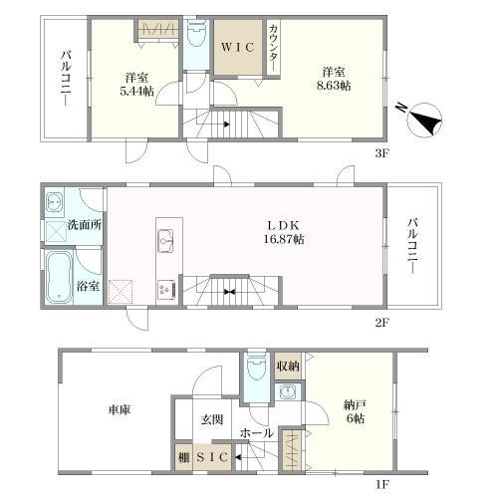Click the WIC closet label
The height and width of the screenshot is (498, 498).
[x=238, y=47]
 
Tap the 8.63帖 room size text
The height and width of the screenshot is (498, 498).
[x=334, y=86]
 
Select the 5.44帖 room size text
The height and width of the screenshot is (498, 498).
[x=137, y=91]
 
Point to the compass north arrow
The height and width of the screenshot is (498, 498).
[x=425, y=120]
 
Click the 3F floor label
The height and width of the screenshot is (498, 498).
[x=381, y=153]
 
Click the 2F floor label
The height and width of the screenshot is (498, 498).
[x=381, y=323]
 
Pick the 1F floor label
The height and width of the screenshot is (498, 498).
[x=381, y=485]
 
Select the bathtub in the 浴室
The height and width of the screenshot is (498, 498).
[x=59, y=277]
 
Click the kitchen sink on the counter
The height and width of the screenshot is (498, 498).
[x=165, y=241]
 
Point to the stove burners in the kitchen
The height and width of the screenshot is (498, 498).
[x=166, y=290]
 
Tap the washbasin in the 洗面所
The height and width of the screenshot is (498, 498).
[x=54, y=201]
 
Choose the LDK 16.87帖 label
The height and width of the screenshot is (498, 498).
[x=284, y=232]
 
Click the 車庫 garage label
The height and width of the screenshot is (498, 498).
[x=120, y=409]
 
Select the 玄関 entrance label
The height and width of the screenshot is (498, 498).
[x=212, y=420]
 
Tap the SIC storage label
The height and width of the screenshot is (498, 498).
[x=212, y=457]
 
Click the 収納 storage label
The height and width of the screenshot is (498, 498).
[x=288, y=367]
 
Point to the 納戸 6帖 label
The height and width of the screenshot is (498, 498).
[x=355, y=411]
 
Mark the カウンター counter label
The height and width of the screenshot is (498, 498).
[x=274, y=47]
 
